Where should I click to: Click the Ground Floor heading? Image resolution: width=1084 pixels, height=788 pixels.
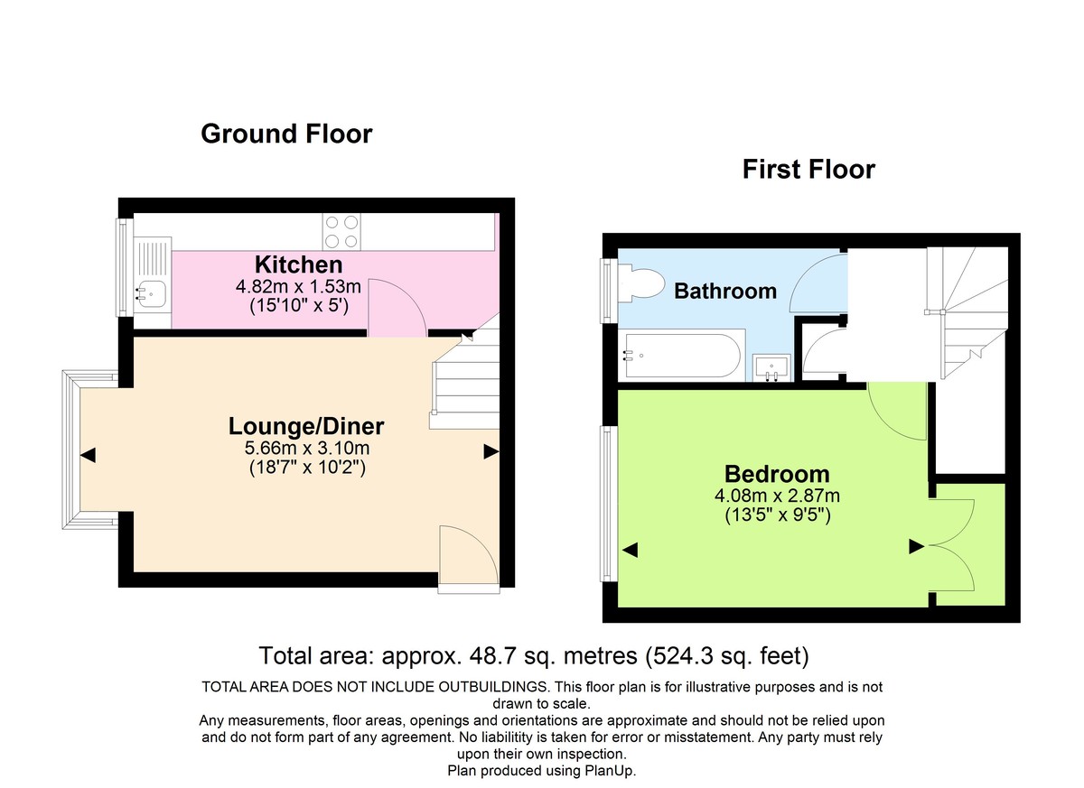pyautogui.click(x=285, y=134)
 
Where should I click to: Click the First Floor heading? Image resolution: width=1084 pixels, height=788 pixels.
pyautogui.click(x=808, y=169)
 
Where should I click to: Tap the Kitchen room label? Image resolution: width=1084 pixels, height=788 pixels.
pyautogui.click(x=298, y=264)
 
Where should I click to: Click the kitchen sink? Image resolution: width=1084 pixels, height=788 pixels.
pyautogui.click(x=152, y=292)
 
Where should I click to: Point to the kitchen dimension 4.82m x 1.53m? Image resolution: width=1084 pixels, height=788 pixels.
pyautogui.click(x=298, y=286)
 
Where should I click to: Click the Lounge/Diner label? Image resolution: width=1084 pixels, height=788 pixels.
pyautogui.click(x=306, y=426)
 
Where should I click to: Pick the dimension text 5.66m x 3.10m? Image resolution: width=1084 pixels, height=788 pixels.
pyautogui.click(x=306, y=448)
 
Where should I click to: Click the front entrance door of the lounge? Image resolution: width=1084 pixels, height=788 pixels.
pyautogui.click(x=468, y=558)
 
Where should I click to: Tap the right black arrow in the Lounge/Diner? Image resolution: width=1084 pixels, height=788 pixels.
pyautogui.click(x=491, y=451)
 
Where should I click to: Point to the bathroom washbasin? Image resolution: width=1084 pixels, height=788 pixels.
pyautogui.click(x=772, y=367)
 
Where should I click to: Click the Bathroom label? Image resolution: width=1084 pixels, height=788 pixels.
pyautogui.click(x=725, y=291)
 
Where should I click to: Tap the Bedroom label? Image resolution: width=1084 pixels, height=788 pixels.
pyautogui.click(x=776, y=474)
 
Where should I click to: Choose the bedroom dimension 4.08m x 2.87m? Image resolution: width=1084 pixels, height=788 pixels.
pyautogui.click(x=776, y=496)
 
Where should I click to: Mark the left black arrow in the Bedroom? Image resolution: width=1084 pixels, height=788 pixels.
pyautogui.click(x=630, y=549)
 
